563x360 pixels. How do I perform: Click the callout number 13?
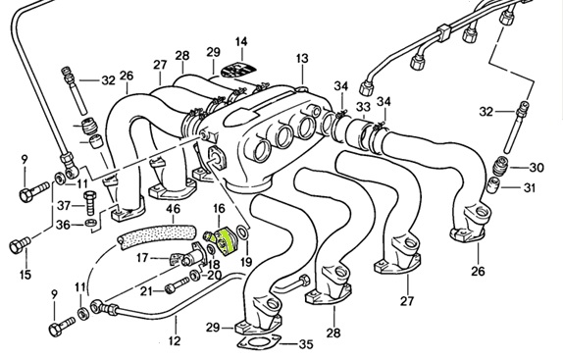[x=301, y=60]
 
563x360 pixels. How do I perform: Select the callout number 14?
[x=241, y=41]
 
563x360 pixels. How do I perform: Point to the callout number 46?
[x=172, y=209]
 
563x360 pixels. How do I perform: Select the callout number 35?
[x=306, y=344]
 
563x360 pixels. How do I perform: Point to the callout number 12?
[x=175, y=341]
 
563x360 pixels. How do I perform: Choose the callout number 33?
[x=362, y=106]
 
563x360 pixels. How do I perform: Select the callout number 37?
[x=62, y=205]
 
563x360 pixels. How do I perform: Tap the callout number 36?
[x=62, y=225]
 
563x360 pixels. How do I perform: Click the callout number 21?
[x=144, y=290]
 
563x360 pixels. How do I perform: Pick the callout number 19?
[x=245, y=263]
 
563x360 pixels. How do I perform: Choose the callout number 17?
[x=141, y=259]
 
